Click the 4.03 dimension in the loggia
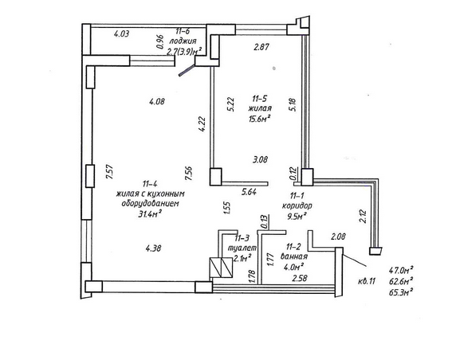coord(121,33)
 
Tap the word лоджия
coord(183,41)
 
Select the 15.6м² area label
coord(259,118)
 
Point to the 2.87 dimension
coord(261,47)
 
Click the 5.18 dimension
coord(293,105)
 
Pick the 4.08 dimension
coord(157,101)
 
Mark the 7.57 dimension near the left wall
coord(109,172)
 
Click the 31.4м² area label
coord(150,213)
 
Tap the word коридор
coord(297,206)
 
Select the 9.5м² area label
coord(297,216)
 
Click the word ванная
coord(293,256)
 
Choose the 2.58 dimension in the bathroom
coord(299,278)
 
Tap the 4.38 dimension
coord(153,248)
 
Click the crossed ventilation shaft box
coord(221,268)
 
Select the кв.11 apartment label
coord(367,281)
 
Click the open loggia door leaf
coord(187,71)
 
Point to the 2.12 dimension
coord(363,216)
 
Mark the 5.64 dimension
coord(249,191)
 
